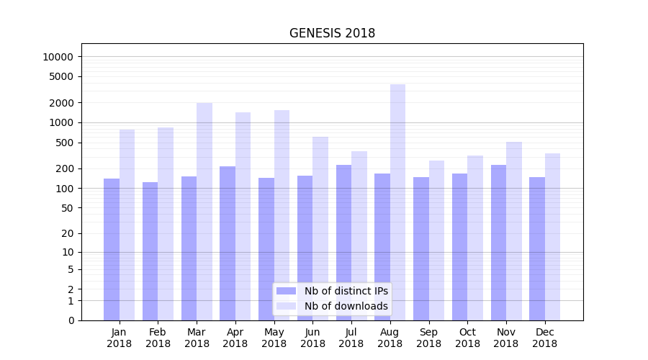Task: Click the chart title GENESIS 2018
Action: (x=332, y=33)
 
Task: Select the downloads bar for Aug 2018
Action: (x=397, y=202)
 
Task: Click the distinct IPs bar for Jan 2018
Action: (x=112, y=249)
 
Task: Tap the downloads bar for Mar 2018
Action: (x=204, y=212)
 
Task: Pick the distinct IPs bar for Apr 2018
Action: (x=228, y=243)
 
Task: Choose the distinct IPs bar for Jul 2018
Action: (x=343, y=243)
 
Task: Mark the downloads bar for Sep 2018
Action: (x=436, y=240)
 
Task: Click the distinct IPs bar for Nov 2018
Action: (x=498, y=243)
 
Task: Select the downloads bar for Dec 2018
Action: (x=552, y=237)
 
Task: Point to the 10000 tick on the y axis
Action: (x=58, y=57)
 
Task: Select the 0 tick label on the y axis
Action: (x=71, y=320)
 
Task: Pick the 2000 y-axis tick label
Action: (x=61, y=103)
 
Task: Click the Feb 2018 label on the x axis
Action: (x=158, y=338)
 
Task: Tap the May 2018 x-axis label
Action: (x=274, y=338)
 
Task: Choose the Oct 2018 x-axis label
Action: (x=467, y=338)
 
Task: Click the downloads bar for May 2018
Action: (x=282, y=215)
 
